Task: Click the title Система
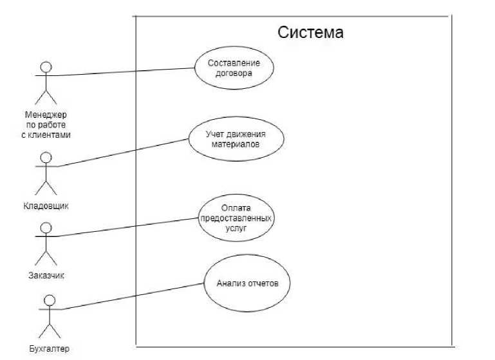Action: pos(310,32)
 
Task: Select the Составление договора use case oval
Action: pos(234,68)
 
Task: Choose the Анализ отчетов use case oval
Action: pos(247,283)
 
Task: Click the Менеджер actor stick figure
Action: pos(45,83)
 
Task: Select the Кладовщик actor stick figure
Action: pos(45,173)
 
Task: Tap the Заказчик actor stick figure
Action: pos(45,244)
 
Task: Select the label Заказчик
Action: pos(46,276)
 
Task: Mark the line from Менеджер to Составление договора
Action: pos(122,71)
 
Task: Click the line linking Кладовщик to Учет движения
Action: pos(122,151)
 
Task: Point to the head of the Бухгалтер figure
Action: pos(48,299)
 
